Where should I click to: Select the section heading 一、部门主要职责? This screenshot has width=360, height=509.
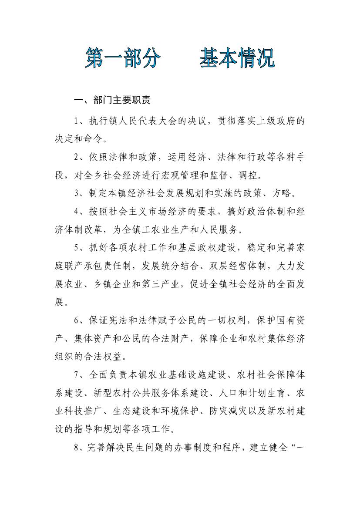pyautogui.click(x=112, y=101)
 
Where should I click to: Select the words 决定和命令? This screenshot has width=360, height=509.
pyautogui.click(x=78, y=139)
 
